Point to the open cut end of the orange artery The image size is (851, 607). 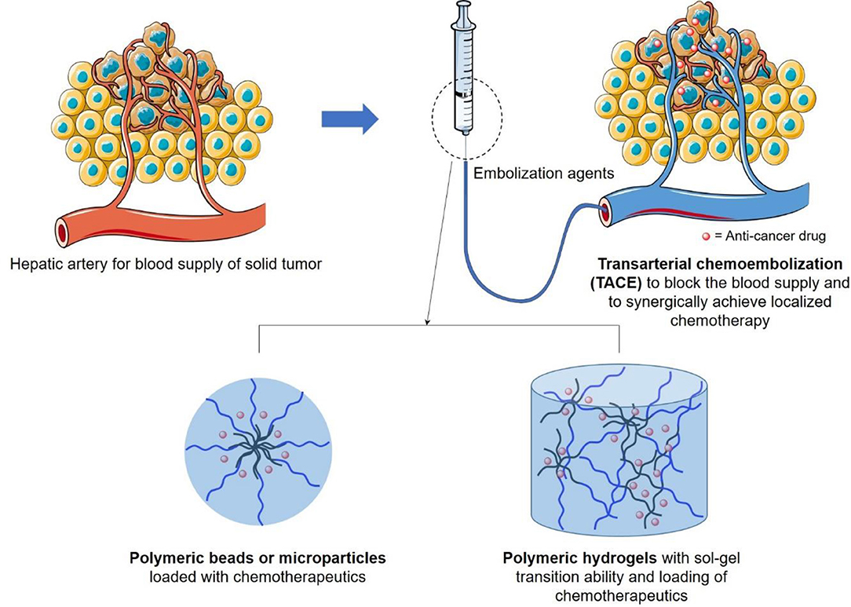click(63, 232)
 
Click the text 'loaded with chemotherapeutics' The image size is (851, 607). click(256, 575)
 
